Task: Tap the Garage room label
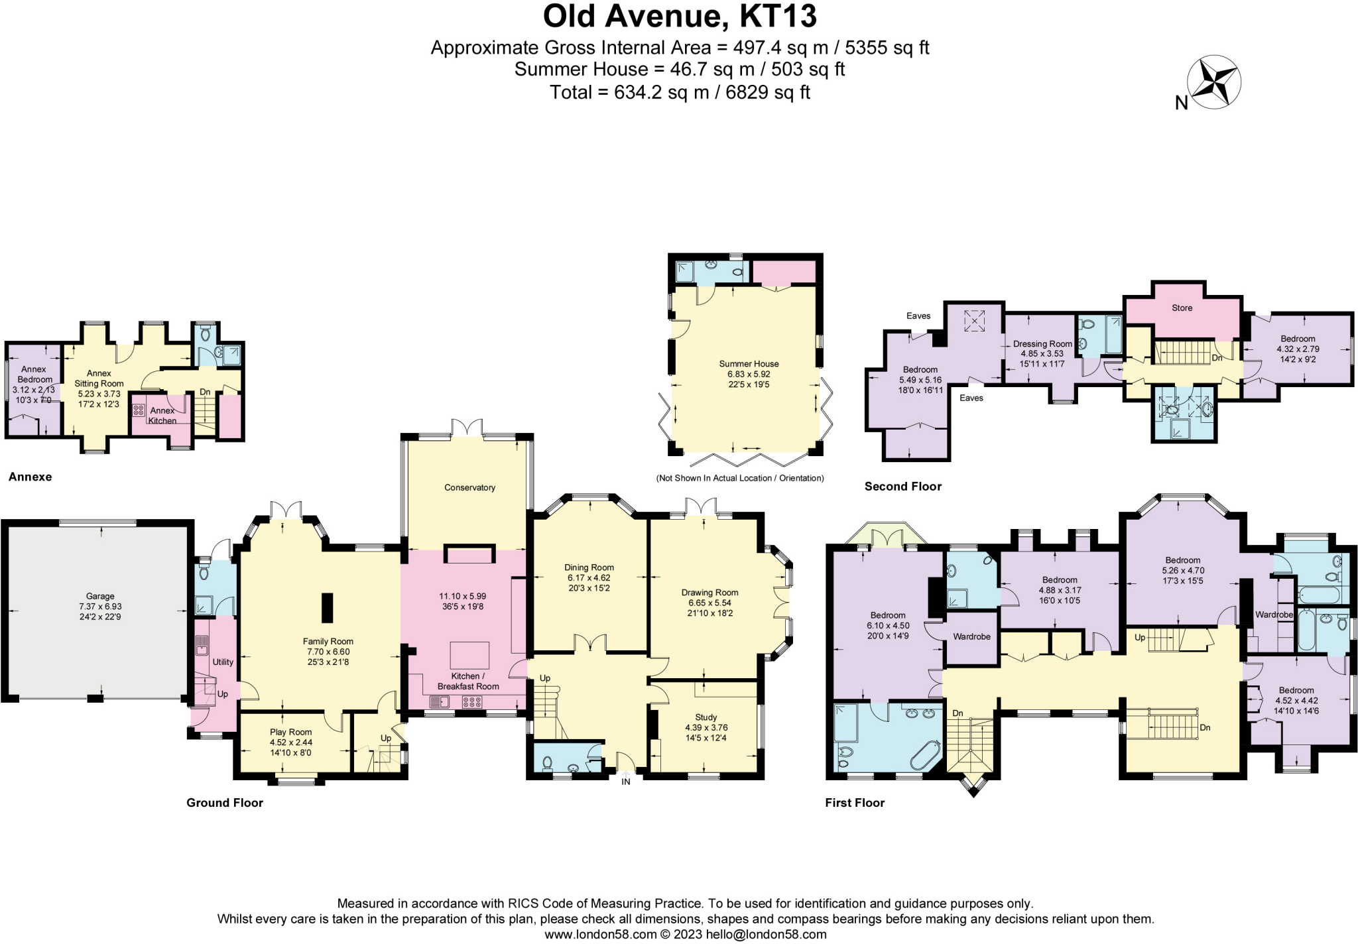(x=100, y=596)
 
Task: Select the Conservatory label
(x=469, y=487)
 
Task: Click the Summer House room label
(x=749, y=363)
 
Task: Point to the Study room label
(x=706, y=717)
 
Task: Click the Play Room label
(x=290, y=732)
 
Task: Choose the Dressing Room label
(x=1042, y=343)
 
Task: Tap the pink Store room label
(x=1182, y=308)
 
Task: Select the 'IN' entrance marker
(x=626, y=782)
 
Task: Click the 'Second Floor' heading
(x=902, y=487)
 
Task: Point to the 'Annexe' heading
(x=30, y=477)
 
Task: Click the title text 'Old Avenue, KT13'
(x=680, y=17)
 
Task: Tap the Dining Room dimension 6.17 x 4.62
(x=589, y=577)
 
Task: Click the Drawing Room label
(x=710, y=592)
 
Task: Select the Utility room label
(x=223, y=662)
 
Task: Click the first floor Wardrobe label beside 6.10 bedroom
(x=971, y=636)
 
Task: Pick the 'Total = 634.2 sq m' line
(x=680, y=92)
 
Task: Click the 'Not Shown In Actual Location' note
(x=740, y=478)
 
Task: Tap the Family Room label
(x=328, y=641)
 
